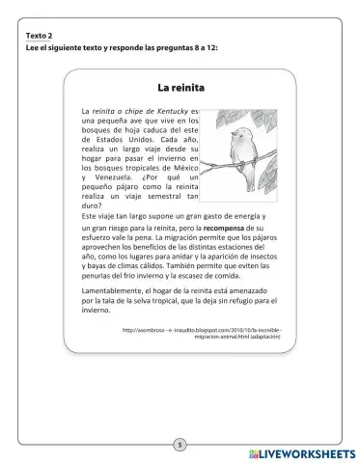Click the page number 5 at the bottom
[x=180, y=444]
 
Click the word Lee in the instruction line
[x=34, y=48]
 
